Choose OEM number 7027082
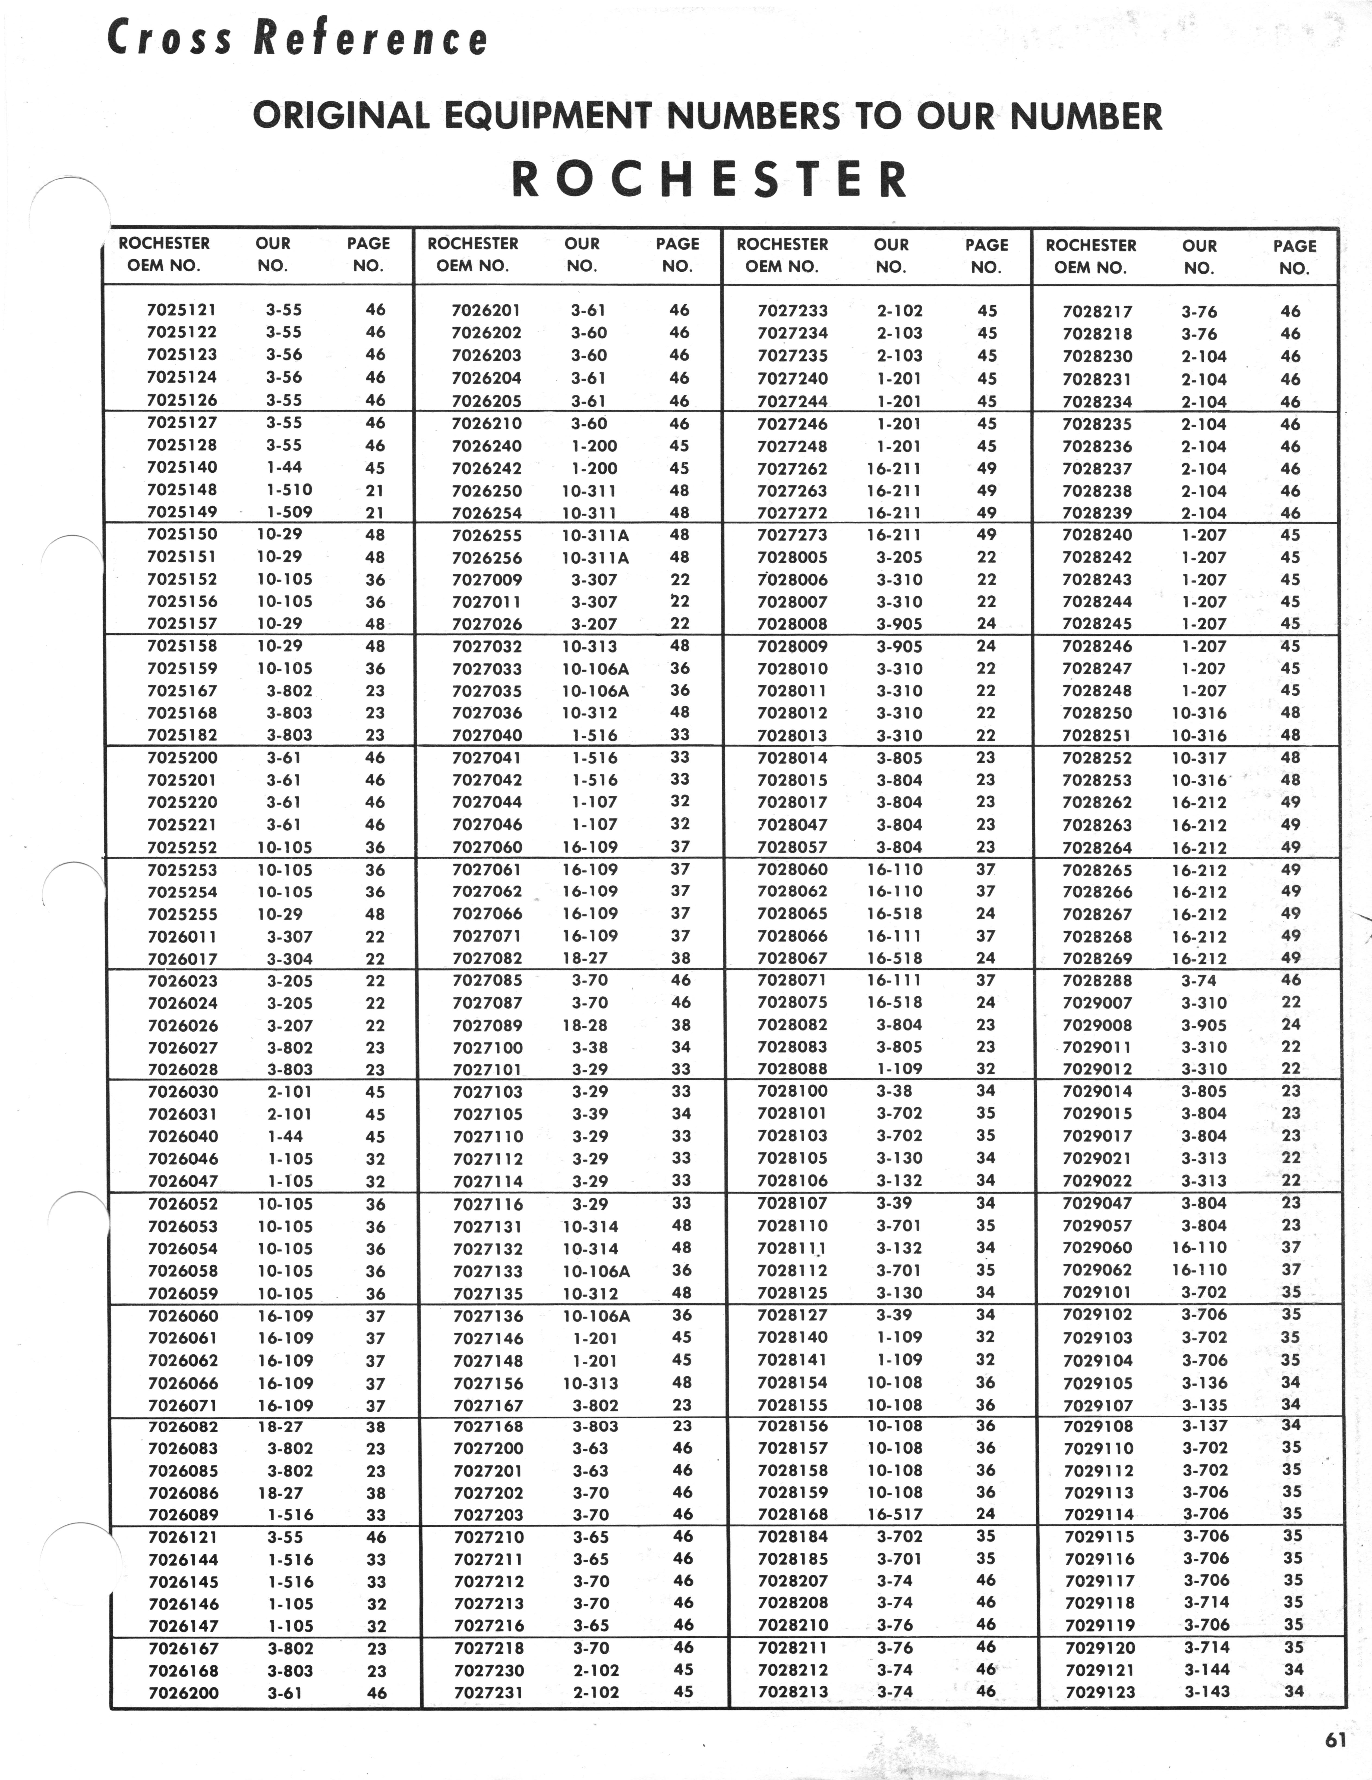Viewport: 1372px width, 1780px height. (x=487, y=959)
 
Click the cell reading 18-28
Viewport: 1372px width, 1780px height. (x=585, y=1025)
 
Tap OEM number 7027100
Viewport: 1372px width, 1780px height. (x=487, y=1047)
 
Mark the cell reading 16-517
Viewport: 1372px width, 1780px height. (x=895, y=1514)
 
